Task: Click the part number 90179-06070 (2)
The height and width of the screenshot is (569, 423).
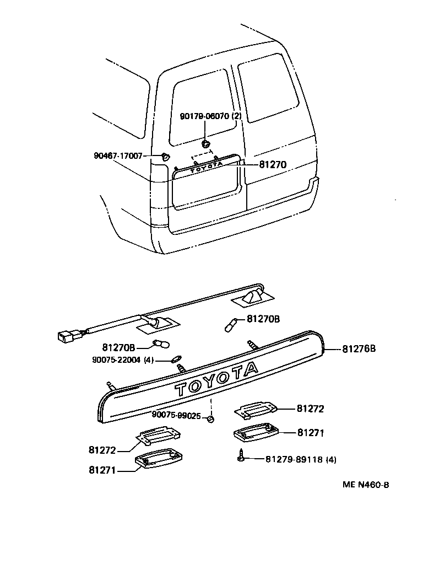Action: (211, 116)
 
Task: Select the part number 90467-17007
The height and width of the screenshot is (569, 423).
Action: (118, 156)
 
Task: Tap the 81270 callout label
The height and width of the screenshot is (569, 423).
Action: (273, 164)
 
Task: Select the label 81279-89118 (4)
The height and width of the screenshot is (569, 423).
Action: (301, 459)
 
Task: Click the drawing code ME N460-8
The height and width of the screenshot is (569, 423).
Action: (366, 485)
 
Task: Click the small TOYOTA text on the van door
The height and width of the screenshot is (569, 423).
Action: (207, 166)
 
